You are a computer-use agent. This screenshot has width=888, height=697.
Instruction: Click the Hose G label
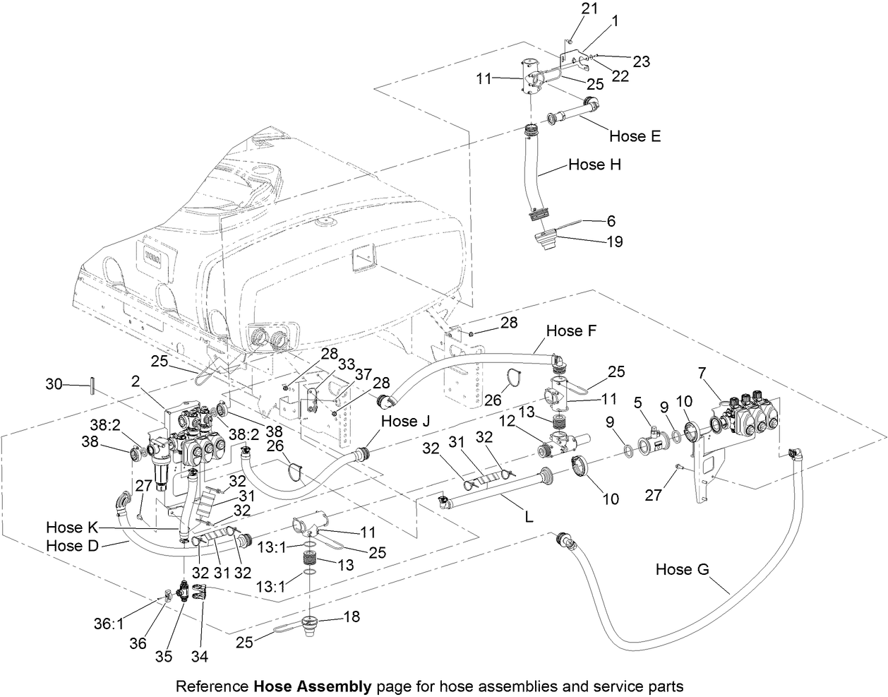pyautogui.click(x=683, y=569)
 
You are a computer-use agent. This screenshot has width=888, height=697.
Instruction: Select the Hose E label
pyautogui.click(x=635, y=136)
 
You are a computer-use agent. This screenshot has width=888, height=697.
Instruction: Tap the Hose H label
pyautogui.click(x=595, y=165)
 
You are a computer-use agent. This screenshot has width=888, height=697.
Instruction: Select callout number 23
pyautogui.click(x=640, y=61)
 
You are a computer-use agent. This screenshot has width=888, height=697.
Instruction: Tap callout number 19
pyautogui.click(x=613, y=242)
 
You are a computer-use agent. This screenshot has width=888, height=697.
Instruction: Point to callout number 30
pyautogui.click(x=54, y=385)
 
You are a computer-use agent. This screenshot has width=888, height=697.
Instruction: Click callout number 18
pyautogui.click(x=352, y=616)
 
